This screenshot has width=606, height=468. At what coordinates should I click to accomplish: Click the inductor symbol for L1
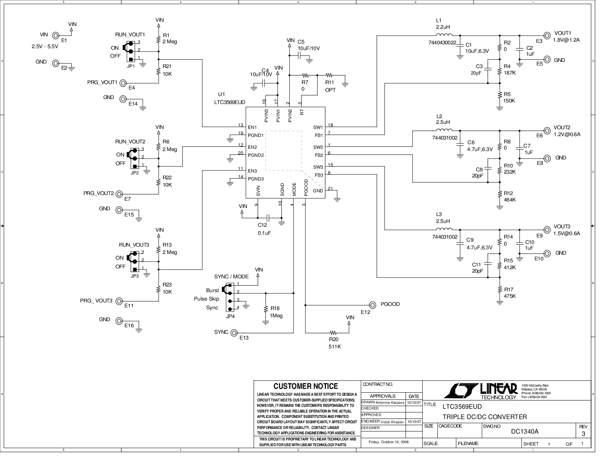[x=444, y=35]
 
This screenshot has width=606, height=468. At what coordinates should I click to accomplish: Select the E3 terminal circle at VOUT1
[x=547, y=36]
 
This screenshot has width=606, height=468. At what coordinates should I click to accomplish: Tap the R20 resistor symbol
[x=333, y=333]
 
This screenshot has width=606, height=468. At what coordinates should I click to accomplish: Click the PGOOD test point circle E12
[x=373, y=305]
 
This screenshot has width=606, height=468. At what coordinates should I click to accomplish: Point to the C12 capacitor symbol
[x=268, y=218]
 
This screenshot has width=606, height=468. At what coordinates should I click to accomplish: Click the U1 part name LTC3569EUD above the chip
[x=230, y=102]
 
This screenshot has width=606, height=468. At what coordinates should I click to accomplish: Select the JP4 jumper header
[x=230, y=297]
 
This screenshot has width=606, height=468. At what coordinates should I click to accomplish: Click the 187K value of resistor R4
[x=510, y=73]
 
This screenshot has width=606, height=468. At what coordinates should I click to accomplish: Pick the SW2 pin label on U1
[x=318, y=147]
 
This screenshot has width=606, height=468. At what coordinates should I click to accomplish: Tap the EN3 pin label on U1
[x=252, y=171]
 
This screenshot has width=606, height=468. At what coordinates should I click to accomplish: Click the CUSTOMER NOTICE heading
[x=306, y=386]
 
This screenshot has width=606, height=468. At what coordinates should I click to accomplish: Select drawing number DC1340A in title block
[x=525, y=432]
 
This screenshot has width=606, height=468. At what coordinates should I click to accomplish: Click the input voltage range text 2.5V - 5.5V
[x=45, y=47]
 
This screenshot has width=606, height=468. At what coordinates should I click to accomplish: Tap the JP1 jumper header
[x=130, y=51]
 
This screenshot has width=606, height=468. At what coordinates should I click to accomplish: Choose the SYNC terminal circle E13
[x=234, y=333]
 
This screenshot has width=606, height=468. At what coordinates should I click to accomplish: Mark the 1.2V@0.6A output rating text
[x=567, y=134]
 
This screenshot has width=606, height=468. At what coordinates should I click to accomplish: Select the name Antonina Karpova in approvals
[x=390, y=403]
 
